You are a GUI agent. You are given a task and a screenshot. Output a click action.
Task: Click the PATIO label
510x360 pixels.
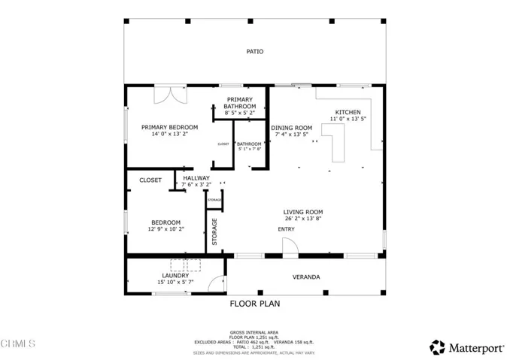[x=255, y=52]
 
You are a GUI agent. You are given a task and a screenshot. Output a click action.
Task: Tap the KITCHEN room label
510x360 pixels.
[x=347, y=113]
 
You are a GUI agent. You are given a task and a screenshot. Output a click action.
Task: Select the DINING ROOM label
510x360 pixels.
[x=291, y=129]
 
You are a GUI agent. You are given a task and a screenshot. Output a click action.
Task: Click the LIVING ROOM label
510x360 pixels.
[x=303, y=212]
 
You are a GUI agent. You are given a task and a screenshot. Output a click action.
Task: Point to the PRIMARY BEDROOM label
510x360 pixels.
[x=169, y=127]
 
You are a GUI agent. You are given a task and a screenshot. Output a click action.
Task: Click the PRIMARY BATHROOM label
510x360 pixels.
[x=239, y=103]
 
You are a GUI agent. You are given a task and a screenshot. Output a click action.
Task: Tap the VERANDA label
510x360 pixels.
[x=306, y=277]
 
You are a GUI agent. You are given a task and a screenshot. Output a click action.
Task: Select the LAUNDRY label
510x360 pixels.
[x=175, y=276]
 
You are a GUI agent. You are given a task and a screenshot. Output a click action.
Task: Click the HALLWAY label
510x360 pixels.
[x=196, y=178]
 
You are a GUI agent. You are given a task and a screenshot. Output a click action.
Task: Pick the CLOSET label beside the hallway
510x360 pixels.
[x=150, y=180]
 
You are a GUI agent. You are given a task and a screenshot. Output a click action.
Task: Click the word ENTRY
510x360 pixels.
[x=286, y=229]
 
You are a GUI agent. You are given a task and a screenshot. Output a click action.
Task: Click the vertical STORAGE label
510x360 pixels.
[x=215, y=231]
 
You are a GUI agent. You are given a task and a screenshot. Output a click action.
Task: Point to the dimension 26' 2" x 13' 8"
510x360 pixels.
[x=303, y=219]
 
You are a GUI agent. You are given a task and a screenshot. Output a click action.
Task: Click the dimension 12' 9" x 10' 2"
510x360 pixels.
[x=165, y=229]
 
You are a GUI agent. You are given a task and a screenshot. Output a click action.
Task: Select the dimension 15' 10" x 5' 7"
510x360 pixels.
[x=175, y=283]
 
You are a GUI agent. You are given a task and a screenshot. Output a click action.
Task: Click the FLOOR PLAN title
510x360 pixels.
[x=254, y=304]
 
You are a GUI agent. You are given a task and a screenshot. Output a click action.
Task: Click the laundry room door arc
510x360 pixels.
[x=217, y=283]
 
